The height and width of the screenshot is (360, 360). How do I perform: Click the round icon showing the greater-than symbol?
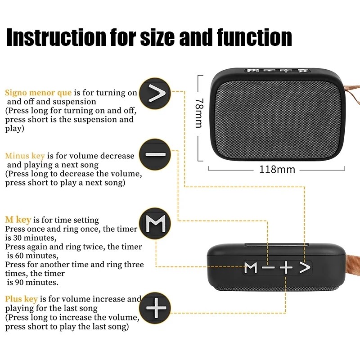coord(155,94)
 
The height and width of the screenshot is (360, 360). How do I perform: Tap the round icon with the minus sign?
coord(155,154)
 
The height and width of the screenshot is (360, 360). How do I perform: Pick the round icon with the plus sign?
coord(155,308)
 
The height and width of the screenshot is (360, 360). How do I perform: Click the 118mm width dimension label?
coord(277,170)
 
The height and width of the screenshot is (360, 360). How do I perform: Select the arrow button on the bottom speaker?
coord(305,268)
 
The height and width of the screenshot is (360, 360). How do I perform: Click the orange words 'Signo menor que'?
coord(38,93)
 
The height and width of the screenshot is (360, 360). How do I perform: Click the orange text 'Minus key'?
coord(25,156)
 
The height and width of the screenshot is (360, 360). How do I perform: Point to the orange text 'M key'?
coord(18,220)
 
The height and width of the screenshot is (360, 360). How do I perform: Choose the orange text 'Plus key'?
coord(21,299)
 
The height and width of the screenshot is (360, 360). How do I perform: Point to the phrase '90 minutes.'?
coord(34,283)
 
